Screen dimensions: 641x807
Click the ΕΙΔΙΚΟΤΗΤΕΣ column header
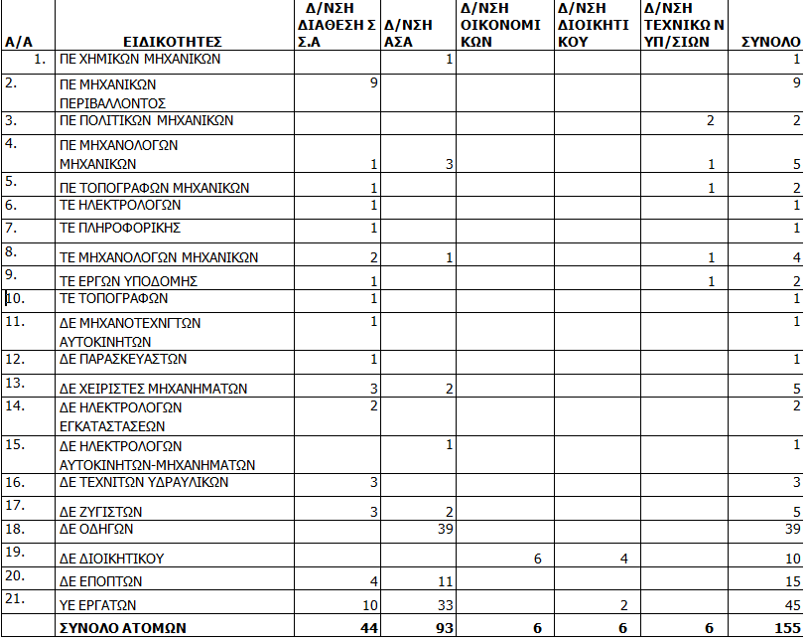tap(173, 42)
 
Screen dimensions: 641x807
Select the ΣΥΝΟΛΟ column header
tap(771, 42)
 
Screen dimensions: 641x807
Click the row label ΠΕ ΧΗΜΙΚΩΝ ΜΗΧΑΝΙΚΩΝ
tap(140, 60)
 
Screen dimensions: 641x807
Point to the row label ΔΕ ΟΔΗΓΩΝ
tap(96, 530)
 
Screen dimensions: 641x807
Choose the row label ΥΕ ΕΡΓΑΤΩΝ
tap(98, 605)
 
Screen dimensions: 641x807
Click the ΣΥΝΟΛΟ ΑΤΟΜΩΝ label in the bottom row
tap(122, 628)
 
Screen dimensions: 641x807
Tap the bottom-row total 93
tap(443, 628)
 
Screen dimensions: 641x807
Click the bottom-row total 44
tap(367, 628)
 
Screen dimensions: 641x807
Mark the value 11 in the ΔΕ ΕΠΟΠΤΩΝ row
tap(445, 581)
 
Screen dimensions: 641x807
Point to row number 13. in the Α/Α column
tap(14, 383)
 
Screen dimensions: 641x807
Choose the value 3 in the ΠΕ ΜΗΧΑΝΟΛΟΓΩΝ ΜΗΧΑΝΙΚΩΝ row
tap(449, 164)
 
